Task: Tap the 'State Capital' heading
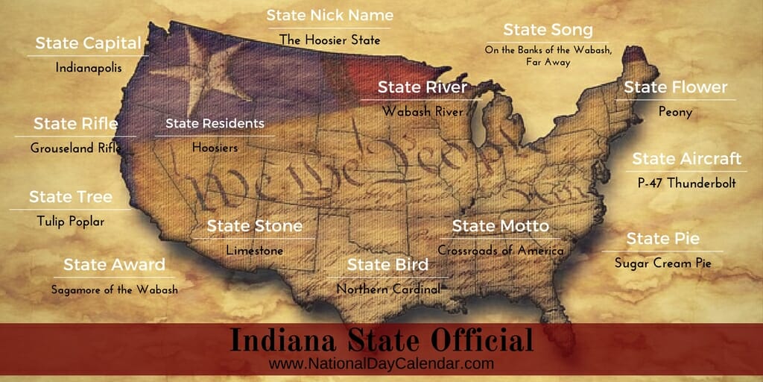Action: (88, 43)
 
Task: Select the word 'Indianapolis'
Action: (88, 67)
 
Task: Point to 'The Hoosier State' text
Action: (329, 39)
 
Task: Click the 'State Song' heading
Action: (548, 30)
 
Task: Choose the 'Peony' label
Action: (675, 112)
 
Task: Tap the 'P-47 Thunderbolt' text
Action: (686, 183)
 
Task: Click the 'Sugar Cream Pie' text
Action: (662, 263)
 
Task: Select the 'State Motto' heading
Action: (500, 225)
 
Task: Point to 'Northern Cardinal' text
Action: (388, 289)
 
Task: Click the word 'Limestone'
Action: (255, 251)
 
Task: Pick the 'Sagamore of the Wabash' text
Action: (114, 289)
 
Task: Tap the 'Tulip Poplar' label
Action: (71, 222)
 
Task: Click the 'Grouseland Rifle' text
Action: (76, 148)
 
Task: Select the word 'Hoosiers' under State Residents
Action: (215, 148)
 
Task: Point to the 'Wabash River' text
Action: (422, 111)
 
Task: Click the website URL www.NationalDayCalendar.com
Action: (381, 364)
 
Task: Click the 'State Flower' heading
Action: (675, 87)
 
